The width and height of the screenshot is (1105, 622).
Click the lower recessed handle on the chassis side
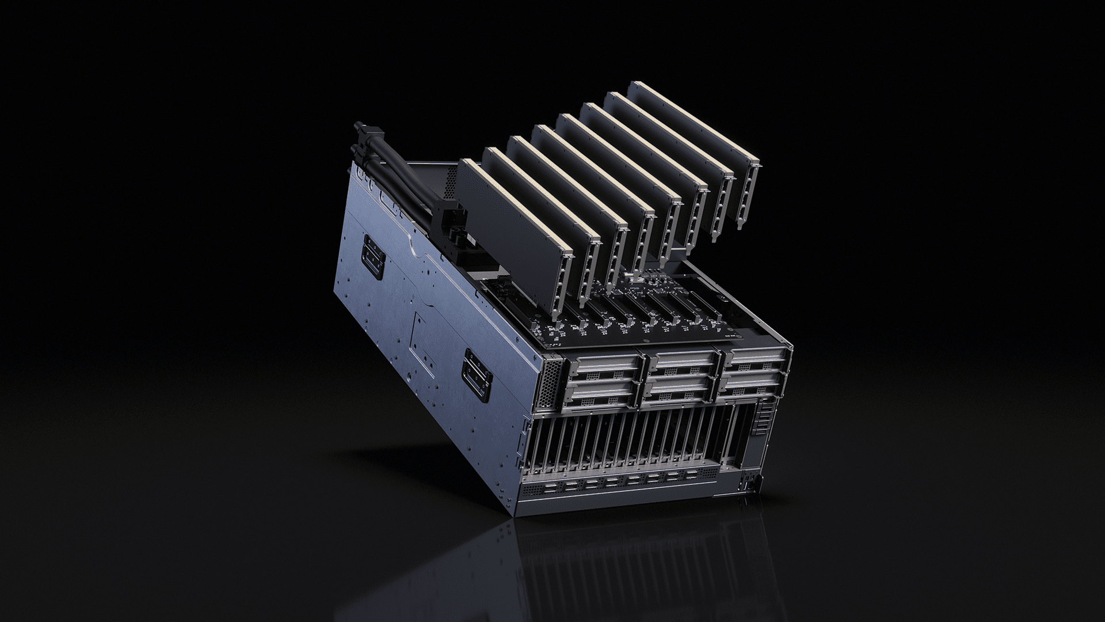click(x=478, y=374)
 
